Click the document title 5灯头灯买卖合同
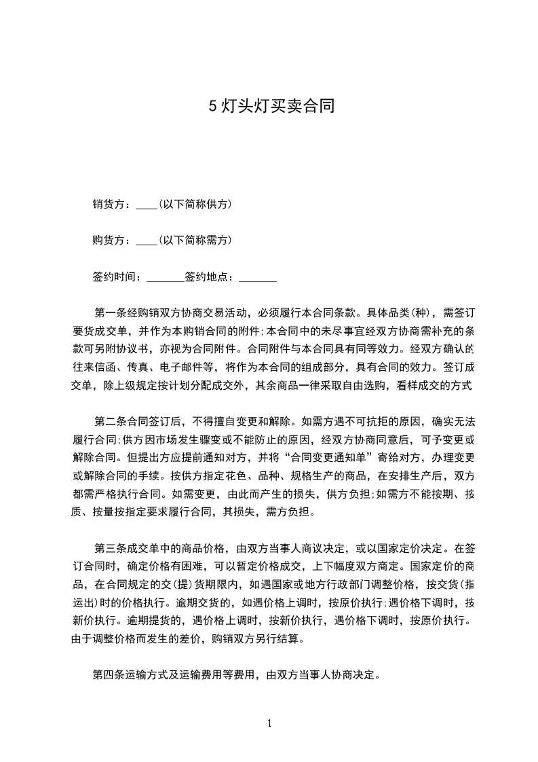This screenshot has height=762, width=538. click(x=271, y=107)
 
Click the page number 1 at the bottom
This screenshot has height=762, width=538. click(x=269, y=723)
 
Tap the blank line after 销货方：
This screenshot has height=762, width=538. click(x=147, y=204)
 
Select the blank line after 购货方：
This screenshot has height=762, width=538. click(x=147, y=240)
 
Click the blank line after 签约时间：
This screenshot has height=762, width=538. click(x=165, y=277)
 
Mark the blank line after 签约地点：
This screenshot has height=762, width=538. click(x=258, y=277)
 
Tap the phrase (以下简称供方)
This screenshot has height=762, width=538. click(x=195, y=204)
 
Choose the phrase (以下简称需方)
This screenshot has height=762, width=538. click(x=195, y=240)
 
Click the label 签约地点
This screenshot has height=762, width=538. click(x=208, y=277)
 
